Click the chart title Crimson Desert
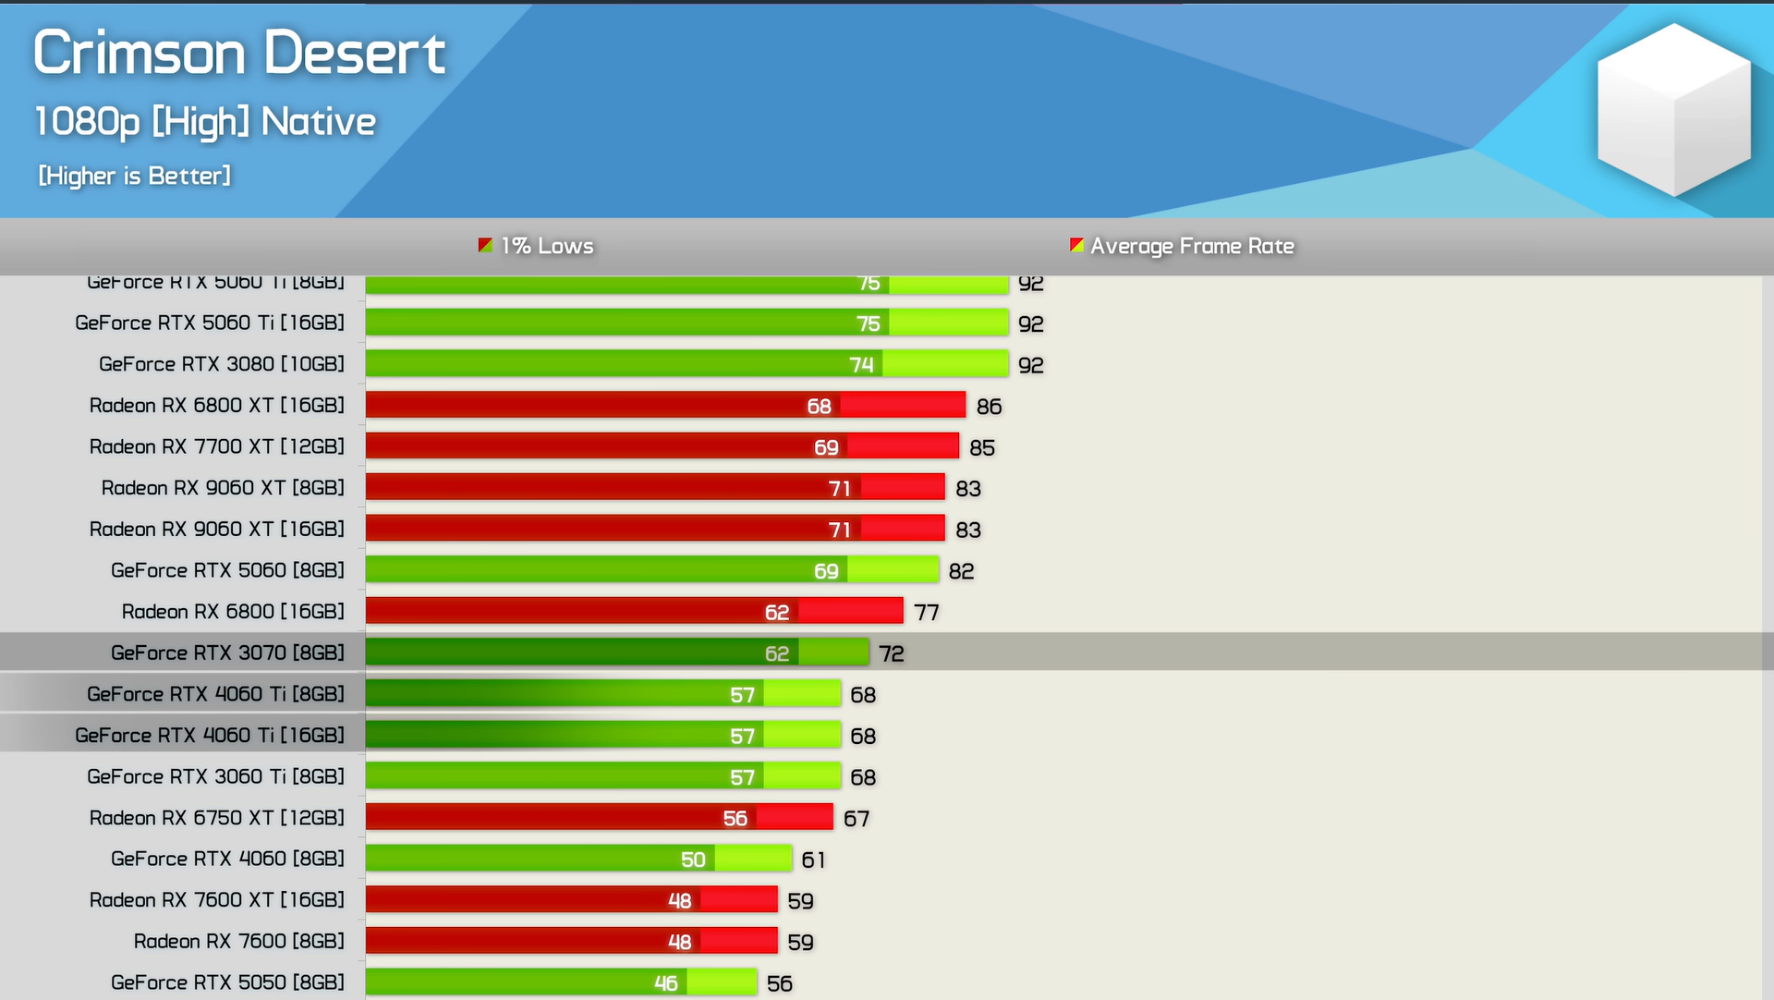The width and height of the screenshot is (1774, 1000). (239, 53)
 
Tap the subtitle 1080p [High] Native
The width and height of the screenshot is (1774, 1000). (205, 122)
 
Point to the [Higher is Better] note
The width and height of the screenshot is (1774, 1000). (135, 176)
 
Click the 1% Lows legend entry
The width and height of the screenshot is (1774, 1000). (536, 246)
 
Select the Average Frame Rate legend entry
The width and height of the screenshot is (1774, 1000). (1182, 246)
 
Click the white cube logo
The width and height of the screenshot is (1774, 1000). (1673, 109)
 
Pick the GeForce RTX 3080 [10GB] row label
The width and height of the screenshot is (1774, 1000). (222, 364)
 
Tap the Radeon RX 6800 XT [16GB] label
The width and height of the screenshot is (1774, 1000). (216, 405)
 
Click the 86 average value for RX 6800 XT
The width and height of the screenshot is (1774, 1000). (989, 407)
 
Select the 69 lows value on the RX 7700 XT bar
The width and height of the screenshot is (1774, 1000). (826, 447)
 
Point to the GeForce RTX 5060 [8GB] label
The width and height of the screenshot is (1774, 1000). (227, 570)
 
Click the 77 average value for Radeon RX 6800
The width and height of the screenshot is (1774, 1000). (926, 613)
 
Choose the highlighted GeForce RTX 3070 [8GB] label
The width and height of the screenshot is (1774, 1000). (227, 652)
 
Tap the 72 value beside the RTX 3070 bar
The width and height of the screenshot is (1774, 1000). (891, 654)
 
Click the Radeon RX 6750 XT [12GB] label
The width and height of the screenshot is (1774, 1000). (216, 818)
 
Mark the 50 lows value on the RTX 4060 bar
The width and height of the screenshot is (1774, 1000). (693, 860)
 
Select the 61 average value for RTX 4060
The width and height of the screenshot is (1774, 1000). (813, 860)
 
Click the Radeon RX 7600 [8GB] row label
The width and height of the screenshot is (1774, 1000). (238, 941)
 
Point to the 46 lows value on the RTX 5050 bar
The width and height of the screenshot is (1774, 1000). (665, 983)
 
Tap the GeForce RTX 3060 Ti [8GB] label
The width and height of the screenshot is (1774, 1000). (215, 776)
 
